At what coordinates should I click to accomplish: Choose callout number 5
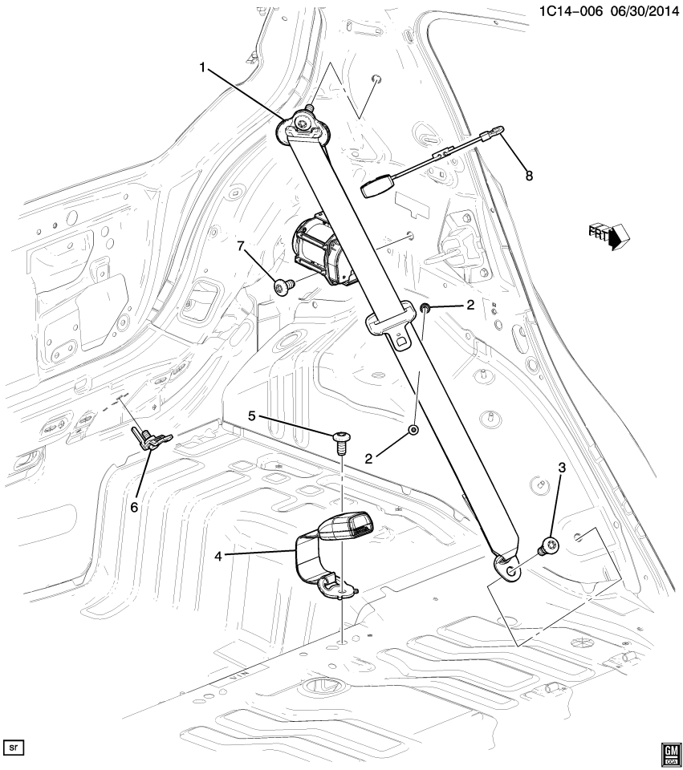click(x=251, y=416)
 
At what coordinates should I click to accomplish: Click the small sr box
click(x=14, y=748)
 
